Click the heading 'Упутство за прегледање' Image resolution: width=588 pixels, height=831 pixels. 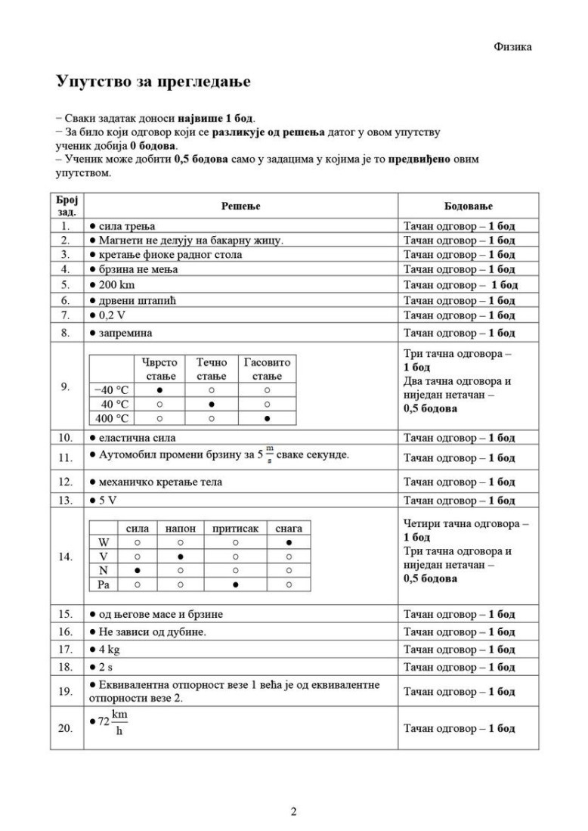(x=153, y=82)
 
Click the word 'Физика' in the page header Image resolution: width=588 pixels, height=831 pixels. (x=512, y=47)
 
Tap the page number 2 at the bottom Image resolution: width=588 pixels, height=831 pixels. (x=294, y=812)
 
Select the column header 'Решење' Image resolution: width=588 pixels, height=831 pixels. (x=240, y=206)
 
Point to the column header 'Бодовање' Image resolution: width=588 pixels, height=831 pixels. (x=469, y=206)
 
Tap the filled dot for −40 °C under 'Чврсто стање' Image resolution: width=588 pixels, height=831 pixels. (x=159, y=390)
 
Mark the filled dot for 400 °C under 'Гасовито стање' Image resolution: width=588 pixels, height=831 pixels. (x=268, y=417)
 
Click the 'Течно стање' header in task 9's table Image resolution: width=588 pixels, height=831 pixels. (x=212, y=369)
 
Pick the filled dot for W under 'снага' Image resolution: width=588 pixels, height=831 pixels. (x=289, y=543)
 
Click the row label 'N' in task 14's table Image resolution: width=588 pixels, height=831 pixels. (x=104, y=571)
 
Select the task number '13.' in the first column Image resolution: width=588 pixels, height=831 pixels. (x=65, y=501)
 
